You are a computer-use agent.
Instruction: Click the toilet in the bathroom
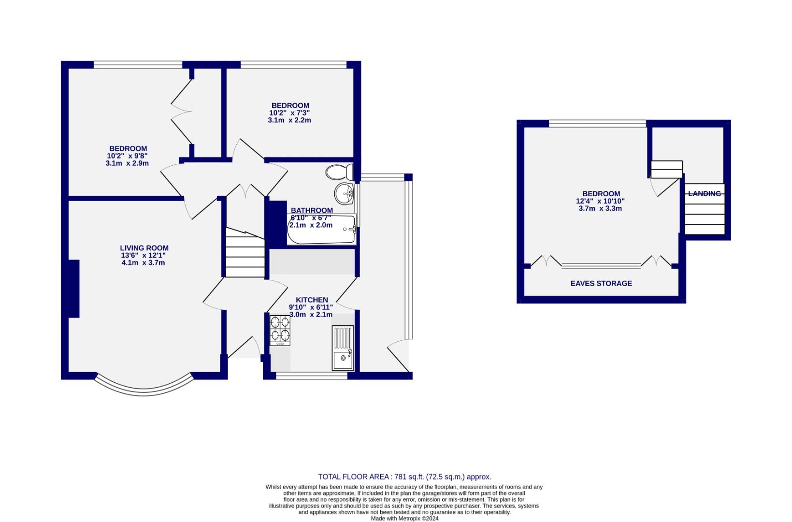(339, 172)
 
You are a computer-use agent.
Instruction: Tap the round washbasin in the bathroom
(345, 194)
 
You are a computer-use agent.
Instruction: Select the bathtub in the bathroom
(322, 231)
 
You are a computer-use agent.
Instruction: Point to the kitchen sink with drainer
(343, 348)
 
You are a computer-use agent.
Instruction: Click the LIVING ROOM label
(144, 248)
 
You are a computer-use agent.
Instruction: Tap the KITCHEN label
(312, 300)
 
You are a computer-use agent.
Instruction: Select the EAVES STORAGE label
(601, 284)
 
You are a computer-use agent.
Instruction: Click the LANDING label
(704, 194)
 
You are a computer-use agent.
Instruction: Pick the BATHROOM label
(312, 210)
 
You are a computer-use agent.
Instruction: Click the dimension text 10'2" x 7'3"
(289, 113)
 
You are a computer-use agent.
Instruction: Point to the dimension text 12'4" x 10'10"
(600, 201)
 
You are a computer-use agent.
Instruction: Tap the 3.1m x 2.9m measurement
(127, 163)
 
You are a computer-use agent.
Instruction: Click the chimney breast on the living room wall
(73, 289)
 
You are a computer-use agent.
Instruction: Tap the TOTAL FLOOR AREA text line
(404, 477)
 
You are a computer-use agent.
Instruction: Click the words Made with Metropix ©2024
(404, 518)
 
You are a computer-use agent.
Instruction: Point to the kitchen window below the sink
(312, 376)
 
